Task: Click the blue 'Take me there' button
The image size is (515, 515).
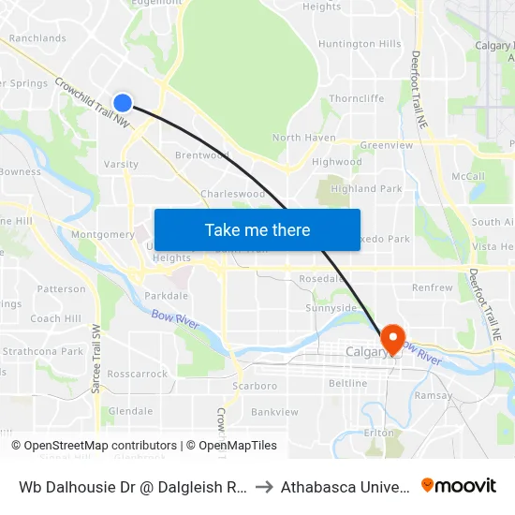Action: [257, 229]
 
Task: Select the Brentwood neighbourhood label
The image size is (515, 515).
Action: [202, 155]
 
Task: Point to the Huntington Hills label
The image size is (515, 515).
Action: [360, 44]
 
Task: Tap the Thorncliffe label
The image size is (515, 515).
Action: [357, 98]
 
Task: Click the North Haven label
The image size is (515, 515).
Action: [303, 138]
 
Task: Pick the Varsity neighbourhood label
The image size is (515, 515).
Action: [121, 165]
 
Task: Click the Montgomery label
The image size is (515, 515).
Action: [103, 234]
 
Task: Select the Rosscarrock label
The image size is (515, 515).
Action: [137, 374]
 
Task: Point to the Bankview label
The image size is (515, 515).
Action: [273, 411]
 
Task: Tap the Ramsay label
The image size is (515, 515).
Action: [433, 396]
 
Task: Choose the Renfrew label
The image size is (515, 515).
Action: [432, 287]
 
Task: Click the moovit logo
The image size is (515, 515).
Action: [458, 485]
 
